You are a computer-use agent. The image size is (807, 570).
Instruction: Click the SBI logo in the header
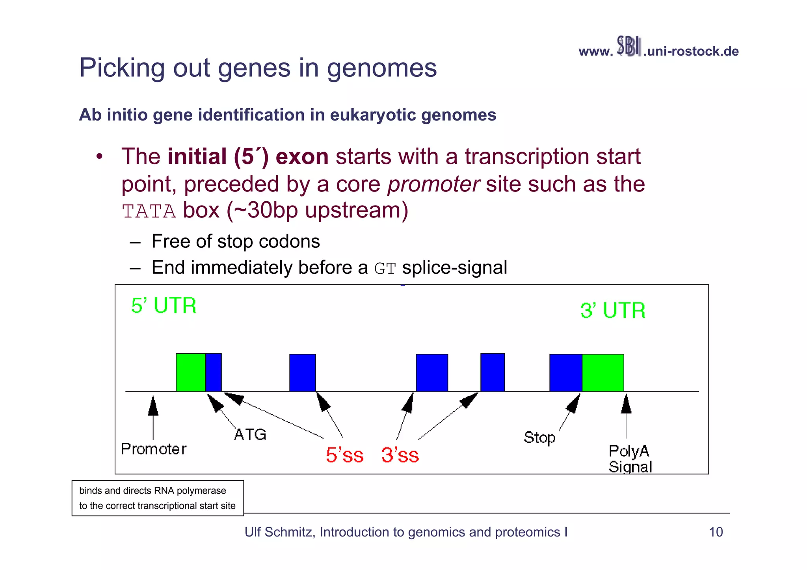pos(628,46)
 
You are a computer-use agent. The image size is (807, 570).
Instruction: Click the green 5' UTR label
pos(164,306)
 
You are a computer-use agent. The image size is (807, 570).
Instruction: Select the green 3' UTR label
pos(613,310)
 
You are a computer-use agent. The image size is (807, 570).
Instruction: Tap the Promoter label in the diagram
pos(154,449)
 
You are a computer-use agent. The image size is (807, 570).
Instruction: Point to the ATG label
pos(250,434)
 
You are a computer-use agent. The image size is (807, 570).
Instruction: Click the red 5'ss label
pos(344,455)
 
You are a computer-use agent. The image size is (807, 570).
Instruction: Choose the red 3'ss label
pos(400,455)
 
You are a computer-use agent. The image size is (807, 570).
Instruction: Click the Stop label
pos(539,438)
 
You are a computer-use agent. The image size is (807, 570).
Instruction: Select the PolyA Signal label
pos(630,459)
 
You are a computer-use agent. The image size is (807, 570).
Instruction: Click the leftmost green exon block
pos(191,372)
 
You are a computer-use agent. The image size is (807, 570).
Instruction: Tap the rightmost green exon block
pos(603,373)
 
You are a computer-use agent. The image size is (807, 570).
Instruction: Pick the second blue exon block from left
pos(303,373)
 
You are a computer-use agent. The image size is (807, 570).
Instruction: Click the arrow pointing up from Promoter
pos(153,418)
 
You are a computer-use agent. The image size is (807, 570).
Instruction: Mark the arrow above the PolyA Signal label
pos(626,416)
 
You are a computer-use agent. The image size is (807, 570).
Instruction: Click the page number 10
pos(716,532)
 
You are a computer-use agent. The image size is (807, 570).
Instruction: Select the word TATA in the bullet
pos(149,212)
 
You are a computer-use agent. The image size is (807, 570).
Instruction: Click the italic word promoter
pos(433,184)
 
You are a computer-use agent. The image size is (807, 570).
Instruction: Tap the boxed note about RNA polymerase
pos(158,498)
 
